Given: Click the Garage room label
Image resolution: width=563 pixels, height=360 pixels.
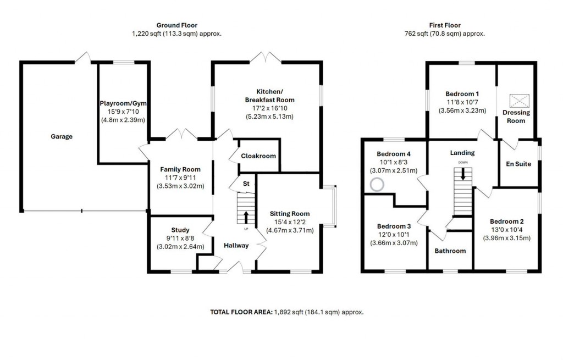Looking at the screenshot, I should pos(62,136).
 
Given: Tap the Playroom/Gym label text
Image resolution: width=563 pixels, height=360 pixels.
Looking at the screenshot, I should pos(123,103).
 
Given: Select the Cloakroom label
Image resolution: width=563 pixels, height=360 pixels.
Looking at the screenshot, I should pos(258,156).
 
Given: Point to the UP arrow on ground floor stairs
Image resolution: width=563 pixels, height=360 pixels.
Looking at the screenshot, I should pos(245,216).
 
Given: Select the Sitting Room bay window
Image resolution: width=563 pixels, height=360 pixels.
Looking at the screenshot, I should pos(330,206).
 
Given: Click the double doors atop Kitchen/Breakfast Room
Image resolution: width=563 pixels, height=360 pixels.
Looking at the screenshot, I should pos(266,57).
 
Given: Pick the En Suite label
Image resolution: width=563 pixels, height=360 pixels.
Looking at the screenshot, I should pos(518,164).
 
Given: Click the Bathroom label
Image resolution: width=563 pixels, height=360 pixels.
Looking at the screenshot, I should pos(450,251).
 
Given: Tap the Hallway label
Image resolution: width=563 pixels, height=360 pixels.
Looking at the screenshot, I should pos(235,246).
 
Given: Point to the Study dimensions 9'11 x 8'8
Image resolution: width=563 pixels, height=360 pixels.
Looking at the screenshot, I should pos(180,238).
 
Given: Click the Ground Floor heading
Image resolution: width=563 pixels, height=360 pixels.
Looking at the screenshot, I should pos(176,25).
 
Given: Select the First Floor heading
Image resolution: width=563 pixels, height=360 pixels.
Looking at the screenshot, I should pos(445,25).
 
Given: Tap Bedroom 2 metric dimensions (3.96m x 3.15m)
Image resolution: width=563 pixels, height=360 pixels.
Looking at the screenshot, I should pos(506,238).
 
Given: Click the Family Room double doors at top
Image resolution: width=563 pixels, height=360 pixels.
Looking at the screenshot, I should pos(181,134).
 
